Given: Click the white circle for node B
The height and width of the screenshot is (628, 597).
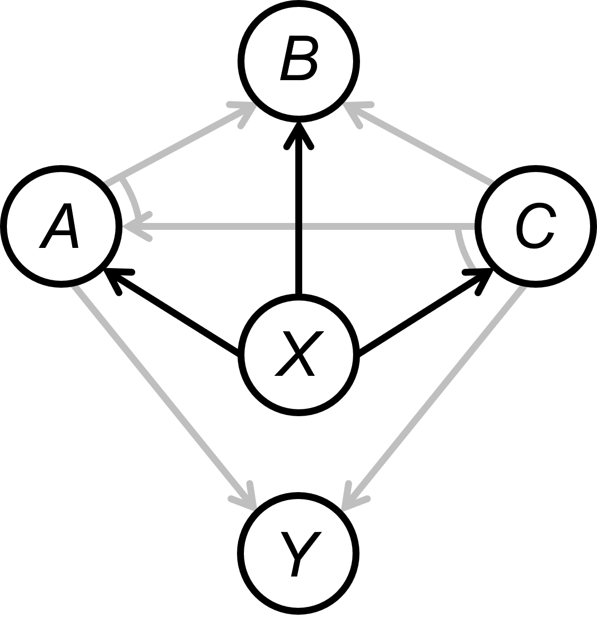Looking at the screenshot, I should [x=298, y=61].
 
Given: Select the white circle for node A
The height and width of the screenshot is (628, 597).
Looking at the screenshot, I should [x=61, y=226].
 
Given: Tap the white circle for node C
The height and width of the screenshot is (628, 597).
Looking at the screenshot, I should [x=535, y=226].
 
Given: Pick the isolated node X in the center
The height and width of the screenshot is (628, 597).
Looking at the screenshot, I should [x=298, y=355].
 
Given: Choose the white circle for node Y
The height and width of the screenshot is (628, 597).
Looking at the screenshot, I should [x=298, y=553].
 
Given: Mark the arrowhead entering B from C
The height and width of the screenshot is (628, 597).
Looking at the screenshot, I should [x=354, y=111].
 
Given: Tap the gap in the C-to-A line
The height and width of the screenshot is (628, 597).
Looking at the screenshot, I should [x=298, y=227].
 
